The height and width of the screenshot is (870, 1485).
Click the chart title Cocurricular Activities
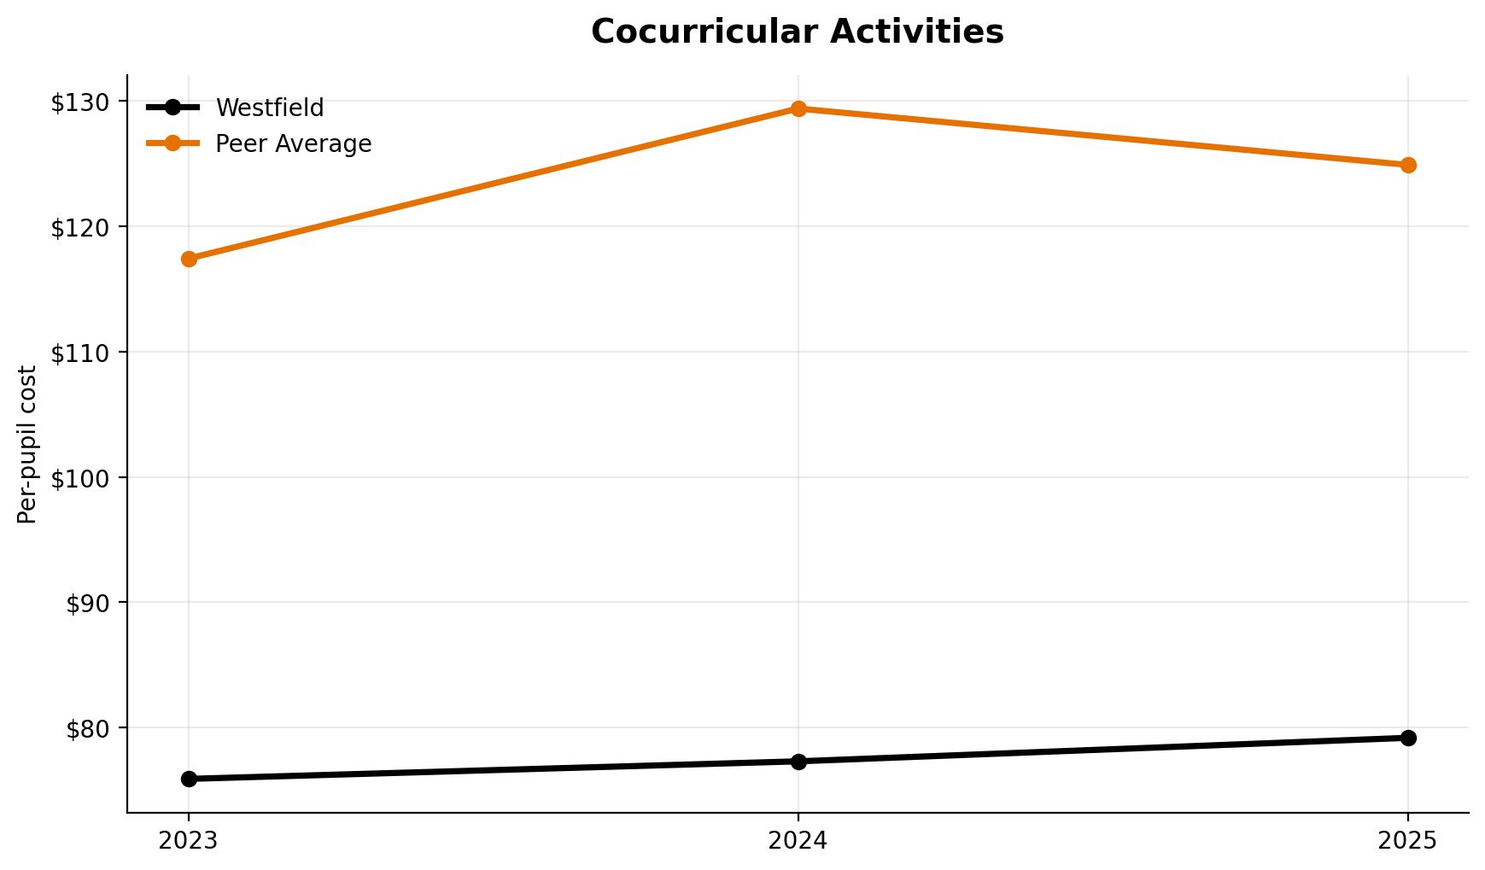coord(797,32)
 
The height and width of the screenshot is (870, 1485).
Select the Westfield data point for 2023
coord(189,779)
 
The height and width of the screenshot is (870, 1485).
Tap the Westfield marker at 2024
coord(798,762)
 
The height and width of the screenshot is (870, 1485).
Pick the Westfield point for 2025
coord(1408,738)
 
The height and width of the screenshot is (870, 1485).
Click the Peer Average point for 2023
coord(189,259)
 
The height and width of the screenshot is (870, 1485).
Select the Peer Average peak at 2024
coord(798,108)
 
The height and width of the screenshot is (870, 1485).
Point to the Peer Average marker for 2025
coord(1408,165)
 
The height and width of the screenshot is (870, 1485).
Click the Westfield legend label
coord(270,108)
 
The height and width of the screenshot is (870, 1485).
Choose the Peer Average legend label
coord(294,144)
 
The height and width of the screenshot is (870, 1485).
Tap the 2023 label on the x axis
coord(189,841)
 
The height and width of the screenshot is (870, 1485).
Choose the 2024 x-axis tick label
coord(798,841)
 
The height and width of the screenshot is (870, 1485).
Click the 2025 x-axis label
coord(1408,841)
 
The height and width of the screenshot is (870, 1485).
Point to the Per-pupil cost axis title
coord(27,444)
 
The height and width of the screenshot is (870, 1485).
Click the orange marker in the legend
coord(172,143)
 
